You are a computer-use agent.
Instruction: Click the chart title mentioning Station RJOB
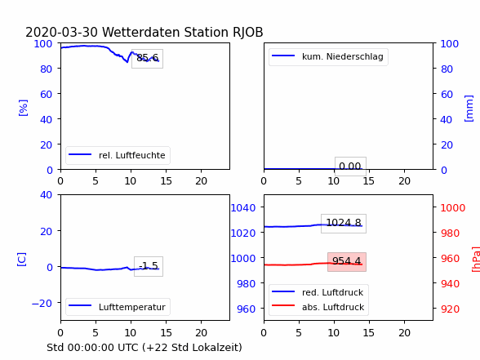coord(144,32)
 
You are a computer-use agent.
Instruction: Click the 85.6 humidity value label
coord(147,58)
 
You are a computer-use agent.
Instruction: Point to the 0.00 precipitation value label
coord(350,167)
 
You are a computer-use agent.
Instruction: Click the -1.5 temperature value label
coord(149,266)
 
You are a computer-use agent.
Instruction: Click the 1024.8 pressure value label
coord(344,223)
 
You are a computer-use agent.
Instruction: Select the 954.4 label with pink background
coord(346,261)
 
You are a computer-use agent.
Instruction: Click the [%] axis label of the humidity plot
coord(23,108)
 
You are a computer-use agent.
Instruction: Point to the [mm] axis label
coord(469,109)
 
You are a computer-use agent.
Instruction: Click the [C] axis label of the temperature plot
coord(22,260)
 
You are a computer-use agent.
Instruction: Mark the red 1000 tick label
coord(453,208)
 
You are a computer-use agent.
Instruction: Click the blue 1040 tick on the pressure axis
coord(243,208)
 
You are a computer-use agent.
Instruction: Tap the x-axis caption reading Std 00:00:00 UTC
coord(144,348)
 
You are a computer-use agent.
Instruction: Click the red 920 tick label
coord(450,309)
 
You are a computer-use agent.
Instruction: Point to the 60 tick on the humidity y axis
coord(47,95)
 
